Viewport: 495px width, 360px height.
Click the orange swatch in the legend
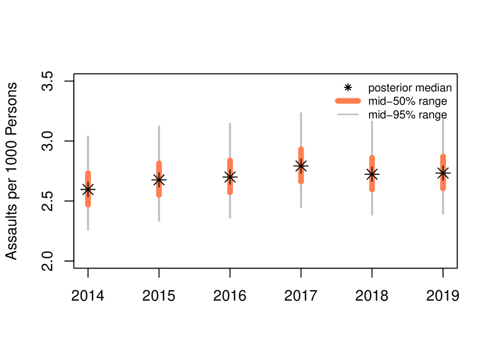click(348, 101)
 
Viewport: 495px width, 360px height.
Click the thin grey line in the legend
click(348, 115)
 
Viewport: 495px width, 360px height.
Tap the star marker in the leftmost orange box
click(88, 189)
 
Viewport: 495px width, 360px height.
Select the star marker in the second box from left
click(159, 179)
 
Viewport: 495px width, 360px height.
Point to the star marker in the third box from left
click(230, 177)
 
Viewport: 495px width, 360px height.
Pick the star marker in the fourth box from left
click(301, 166)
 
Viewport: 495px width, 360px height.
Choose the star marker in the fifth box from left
click(372, 174)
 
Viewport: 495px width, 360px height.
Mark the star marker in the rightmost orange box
click(443, 173)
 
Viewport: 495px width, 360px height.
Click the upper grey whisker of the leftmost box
click(88, 153)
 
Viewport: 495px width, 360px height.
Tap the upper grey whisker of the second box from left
click(159, 143)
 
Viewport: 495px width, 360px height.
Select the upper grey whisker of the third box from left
click(230, 140)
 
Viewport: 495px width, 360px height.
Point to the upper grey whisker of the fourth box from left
click(301, 129)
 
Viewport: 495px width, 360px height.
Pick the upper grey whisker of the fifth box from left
click(372, 138)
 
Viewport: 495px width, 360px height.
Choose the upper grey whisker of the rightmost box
click(443, 136)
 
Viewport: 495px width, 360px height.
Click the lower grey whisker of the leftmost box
click(88, 219)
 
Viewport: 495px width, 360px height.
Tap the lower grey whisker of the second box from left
click(159, 210)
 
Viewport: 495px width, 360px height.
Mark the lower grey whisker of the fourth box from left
click(301, 196)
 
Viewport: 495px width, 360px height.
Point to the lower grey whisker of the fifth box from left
click(372, 204)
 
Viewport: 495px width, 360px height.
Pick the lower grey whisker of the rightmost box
click(443, 203)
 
